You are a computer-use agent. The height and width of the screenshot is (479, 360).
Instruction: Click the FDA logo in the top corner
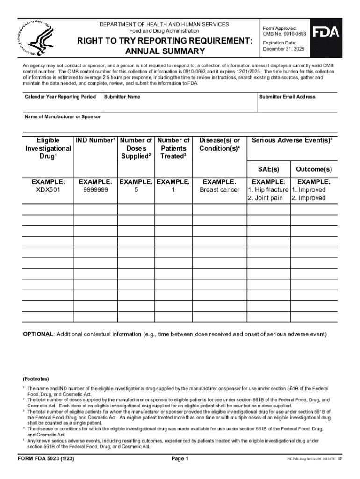click(326, 32)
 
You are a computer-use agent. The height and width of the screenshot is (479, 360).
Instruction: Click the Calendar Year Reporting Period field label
click(60, 97)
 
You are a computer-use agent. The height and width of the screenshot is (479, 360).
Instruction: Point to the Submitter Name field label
click(122, 97)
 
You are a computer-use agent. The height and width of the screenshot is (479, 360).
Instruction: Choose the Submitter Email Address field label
click(287, 97)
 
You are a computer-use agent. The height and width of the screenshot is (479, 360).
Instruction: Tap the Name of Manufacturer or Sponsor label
click(62, 116)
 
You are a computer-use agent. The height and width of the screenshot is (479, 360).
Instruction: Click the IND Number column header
click(95, 140)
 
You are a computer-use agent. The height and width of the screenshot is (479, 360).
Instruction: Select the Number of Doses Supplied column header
click(136, 148)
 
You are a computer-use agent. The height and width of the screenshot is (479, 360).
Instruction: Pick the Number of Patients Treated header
click(173, 148)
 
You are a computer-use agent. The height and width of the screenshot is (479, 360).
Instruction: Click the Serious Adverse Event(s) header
click(292, 140)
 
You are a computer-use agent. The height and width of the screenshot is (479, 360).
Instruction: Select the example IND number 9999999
click(95, 190)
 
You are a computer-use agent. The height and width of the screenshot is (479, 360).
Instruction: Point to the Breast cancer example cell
click(219, 190)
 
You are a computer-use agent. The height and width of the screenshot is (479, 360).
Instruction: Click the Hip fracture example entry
click(268, 190)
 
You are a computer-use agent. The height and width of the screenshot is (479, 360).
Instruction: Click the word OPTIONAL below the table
click(39, 334)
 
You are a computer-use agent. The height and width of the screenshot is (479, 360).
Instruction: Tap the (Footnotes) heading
click(36, 378)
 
